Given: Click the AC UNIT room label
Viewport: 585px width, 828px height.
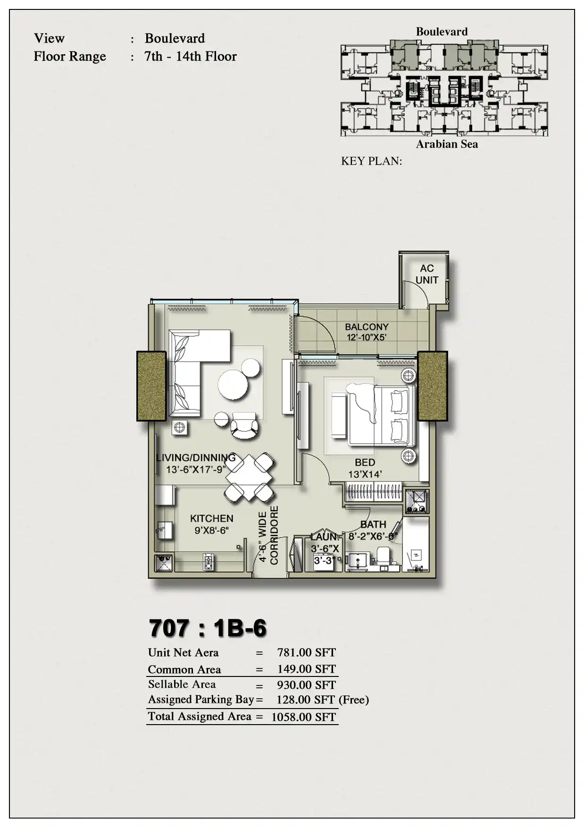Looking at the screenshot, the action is (x=426, y=274).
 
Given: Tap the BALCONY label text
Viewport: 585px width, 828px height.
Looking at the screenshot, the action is (x=367, y=327).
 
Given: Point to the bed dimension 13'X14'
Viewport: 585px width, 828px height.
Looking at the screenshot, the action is (x=365, y=474).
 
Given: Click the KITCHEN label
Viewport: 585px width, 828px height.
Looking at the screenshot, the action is (x=211, y=518).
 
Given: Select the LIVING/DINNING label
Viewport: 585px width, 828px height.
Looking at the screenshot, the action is (x=196, y=457).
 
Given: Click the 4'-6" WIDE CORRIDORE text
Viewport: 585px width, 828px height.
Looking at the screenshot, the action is (x=268, y=535).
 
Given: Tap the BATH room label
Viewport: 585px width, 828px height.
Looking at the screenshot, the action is (x=373, y=524).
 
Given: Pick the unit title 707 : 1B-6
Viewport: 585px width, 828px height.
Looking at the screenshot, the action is (x=208, y=628).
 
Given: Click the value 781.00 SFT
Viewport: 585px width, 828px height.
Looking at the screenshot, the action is (x=306, y=652).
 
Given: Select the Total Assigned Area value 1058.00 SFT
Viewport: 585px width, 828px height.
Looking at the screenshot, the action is (x=303, y=717).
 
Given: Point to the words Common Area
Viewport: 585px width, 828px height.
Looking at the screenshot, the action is (x=184, y=669).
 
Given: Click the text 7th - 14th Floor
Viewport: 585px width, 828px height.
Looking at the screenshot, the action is (x=191, y=57).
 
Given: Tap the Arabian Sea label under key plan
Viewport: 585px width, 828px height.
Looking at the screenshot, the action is (x=447, y=144).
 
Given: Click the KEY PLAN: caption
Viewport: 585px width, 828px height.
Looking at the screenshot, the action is (x=371, y=161).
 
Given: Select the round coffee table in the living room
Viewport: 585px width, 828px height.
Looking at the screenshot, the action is (x=233, y=384).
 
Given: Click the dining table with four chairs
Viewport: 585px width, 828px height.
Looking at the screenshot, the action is (x=250, y=477).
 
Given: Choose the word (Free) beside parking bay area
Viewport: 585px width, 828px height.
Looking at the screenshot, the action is (x=354, y=700).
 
